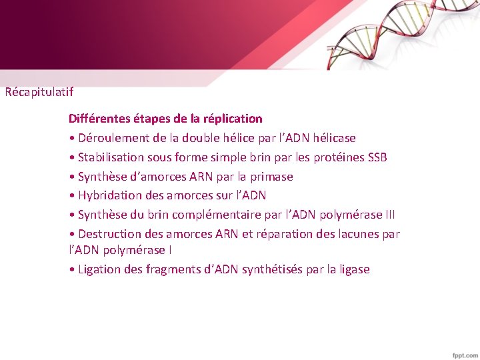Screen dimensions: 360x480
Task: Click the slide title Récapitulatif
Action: click(39, 93)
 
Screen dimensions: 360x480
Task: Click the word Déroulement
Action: click(112, 138)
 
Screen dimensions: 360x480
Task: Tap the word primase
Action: click(272, 177)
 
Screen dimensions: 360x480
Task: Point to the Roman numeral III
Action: click(389, 215)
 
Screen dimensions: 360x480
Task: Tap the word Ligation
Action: click(99, 269)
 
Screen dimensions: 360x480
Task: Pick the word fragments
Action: click(167, 269)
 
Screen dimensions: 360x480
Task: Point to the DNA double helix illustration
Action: click(400, 33)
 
